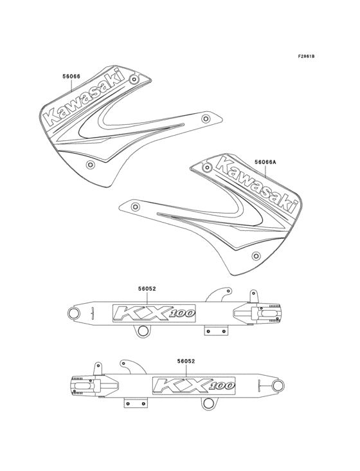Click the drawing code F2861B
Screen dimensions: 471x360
pos(306,57)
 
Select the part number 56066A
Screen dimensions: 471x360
pos(265,163)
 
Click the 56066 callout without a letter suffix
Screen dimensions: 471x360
pos(71,77)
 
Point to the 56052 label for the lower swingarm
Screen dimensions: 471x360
pos(186,362)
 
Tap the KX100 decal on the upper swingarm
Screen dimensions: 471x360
pos(153,313)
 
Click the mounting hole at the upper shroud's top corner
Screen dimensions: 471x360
pos(133,79)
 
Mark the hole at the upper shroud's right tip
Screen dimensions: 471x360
pos(206,118)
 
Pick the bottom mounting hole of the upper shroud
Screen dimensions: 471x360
pos(90,165)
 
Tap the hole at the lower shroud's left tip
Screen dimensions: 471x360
pos(134,207)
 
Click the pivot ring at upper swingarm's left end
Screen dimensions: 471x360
pos(74,314)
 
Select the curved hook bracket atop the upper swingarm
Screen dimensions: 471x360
pos(222,294)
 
